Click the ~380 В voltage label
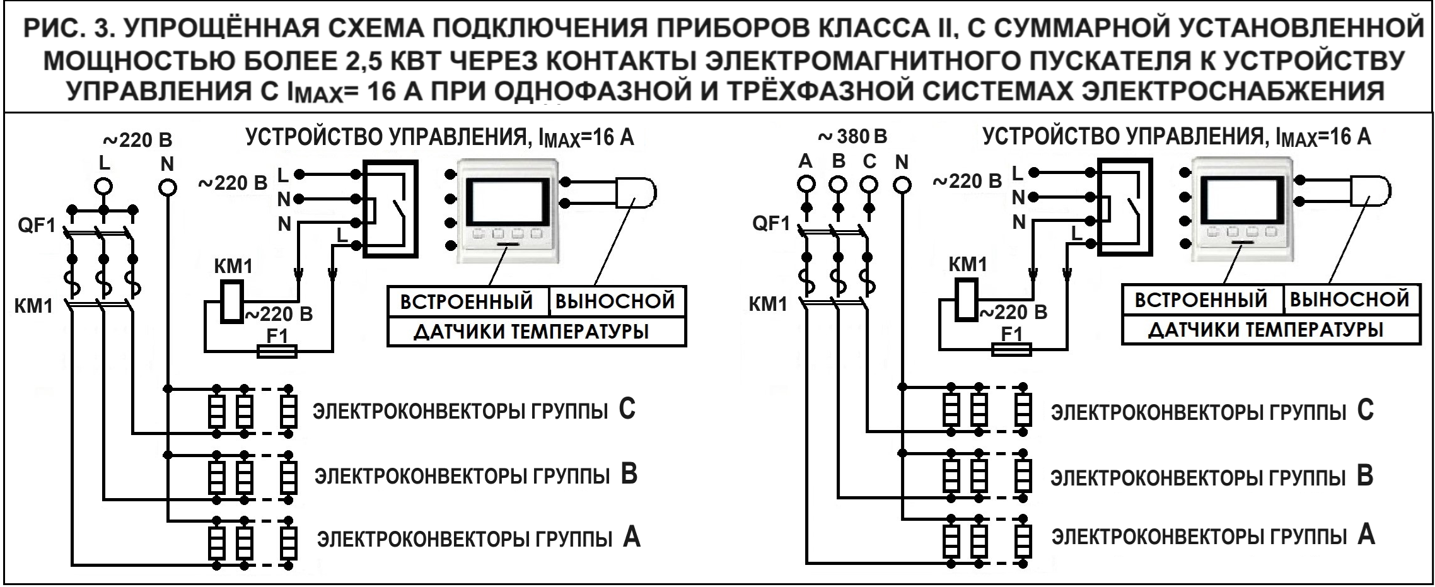(x=852, y=136)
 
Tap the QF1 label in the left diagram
(x=37, y=226)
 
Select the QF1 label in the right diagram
(x=770, y=224)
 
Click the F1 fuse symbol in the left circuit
(x=277, y=351)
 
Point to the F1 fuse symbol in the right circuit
(x=1011, y=349)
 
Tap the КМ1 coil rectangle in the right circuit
(x=965, y=299)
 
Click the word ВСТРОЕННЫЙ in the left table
(x=467, y=302)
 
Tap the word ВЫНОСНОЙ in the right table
(x=1349, y=299)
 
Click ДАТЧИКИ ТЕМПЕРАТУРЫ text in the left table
(x=531, y=332)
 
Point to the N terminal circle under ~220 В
(x=166, y=187)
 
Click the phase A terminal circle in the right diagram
(x=806, y=184)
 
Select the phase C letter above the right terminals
(x=869, y=161)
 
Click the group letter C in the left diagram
(x=627, y=410)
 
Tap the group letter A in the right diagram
(x=1366, y=535)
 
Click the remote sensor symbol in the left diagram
(x=636, y=192)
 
